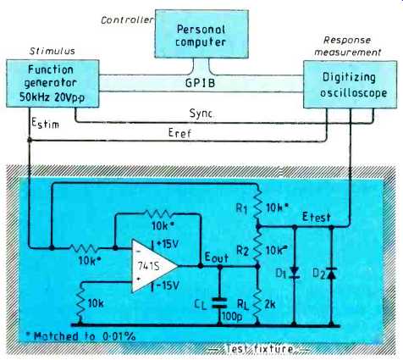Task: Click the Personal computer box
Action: (201, 34)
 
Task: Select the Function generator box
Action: (52, 83)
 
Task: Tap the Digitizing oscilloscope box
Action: (350, 85)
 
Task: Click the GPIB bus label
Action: (200, 83)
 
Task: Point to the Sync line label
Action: (201, 114)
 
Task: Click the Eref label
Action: (179, 132)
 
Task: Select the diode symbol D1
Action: (294, 273)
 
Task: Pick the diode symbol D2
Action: (331, 273)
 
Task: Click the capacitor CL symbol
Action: (219, 302)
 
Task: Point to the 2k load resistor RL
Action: (257, 303)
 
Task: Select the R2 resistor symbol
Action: (257, 246)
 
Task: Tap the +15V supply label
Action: (168, 244)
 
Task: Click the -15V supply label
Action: (168, 286)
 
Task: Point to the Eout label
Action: (216, 258)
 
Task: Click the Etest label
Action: (316, 217)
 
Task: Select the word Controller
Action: (127, 20)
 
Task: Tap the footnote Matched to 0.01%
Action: (80, 336)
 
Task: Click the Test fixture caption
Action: (259, 349)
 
